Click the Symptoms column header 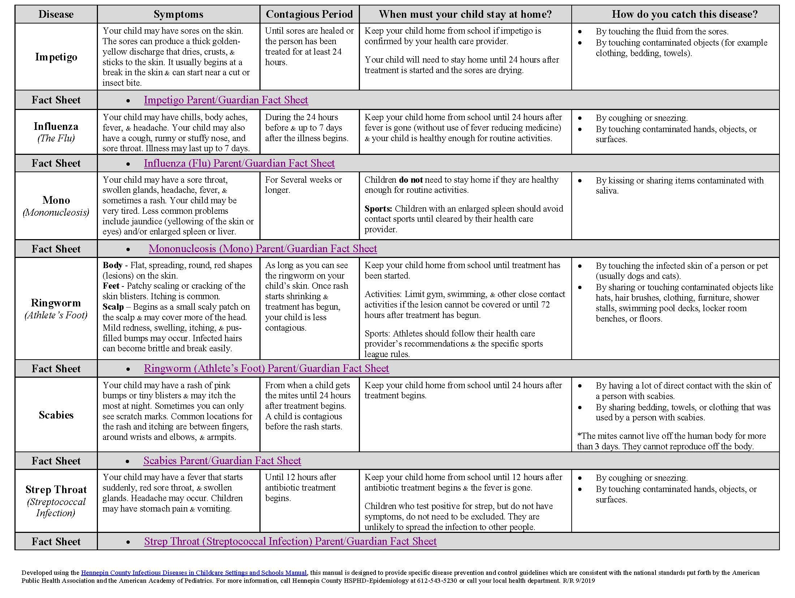point(178,14)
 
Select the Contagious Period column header point(309,14)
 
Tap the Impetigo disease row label point(56,57)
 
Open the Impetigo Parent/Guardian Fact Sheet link point(226,100)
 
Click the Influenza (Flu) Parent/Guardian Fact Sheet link point(239,163)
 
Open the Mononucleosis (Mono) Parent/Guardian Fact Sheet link point(263,249)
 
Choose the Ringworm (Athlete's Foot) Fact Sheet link point(266,368)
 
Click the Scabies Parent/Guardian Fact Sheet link point(222,461)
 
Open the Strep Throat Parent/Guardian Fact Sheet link point(290,541)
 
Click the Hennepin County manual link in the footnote point(194,573)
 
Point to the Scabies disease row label point(56,415)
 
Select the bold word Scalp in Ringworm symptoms point(113,307)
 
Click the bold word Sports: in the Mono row point(378,209)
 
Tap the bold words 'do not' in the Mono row point(411,180)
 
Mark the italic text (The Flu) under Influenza point(56,139)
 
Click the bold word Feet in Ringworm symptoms point(111,286)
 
